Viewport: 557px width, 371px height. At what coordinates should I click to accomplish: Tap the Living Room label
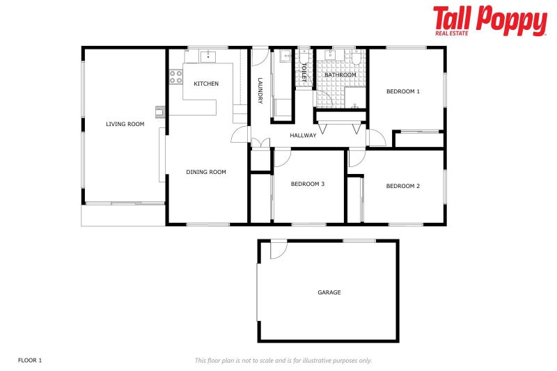[125, 125]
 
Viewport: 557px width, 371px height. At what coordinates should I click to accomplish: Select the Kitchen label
[206, 84]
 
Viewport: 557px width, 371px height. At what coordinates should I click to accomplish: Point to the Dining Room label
[206, 172]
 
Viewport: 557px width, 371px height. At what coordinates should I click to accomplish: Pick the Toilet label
[304, 72]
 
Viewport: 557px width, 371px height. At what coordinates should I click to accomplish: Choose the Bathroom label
[340, 74]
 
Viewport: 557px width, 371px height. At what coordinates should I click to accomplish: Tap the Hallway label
[303, 135]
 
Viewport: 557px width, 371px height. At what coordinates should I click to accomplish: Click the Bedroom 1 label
[403, 91]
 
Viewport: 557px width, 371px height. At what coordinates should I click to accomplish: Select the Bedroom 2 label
[403, 186]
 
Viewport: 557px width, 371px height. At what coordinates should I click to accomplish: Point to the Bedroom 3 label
[308, 184]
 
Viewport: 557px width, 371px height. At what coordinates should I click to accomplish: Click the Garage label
[329, 292]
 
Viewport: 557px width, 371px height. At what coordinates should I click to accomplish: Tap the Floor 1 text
[30, 360]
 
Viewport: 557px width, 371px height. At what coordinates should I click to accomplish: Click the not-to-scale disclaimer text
[283, 360]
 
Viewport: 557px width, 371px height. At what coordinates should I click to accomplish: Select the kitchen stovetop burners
[175, 76]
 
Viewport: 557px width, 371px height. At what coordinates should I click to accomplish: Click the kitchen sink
[209, 56]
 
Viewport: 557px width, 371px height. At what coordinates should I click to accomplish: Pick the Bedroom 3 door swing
[283, 158]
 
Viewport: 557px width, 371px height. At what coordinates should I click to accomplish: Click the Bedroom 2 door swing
[356, 158]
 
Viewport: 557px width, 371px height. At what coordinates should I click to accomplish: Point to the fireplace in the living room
[160, 111]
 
